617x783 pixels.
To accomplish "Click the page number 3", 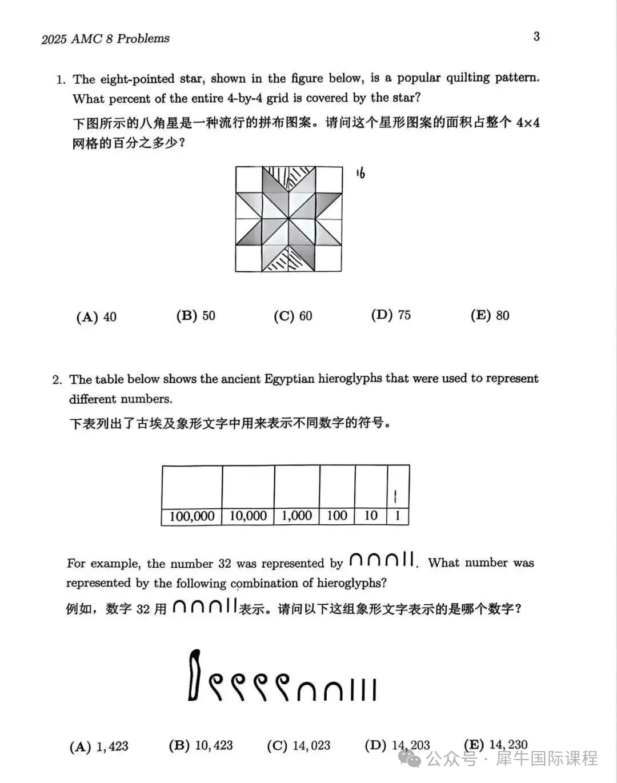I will pos(536,37).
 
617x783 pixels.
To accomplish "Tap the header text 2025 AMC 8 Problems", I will pos(106,39).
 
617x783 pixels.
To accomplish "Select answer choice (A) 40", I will pos(96,317).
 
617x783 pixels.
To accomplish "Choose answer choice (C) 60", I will pos(293,316).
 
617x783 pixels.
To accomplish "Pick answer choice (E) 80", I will pos(490,315).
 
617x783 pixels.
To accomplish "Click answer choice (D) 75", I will pos(391,315).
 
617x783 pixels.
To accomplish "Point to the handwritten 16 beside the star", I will pos(360,173).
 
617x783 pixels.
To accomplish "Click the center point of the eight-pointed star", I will pos(289,219).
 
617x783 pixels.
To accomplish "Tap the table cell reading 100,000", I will pos(192,516).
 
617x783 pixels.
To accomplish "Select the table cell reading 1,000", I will pos(297,516).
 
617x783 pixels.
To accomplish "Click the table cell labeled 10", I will pos(371,516).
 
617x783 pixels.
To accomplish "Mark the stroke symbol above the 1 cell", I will pos(396,496).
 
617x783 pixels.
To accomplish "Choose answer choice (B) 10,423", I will pos(201,745).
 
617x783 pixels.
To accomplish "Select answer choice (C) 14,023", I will pos(298,745).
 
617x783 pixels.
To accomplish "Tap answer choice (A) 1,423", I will pos(99,746).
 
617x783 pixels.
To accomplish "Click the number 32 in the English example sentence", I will pos(225,564).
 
